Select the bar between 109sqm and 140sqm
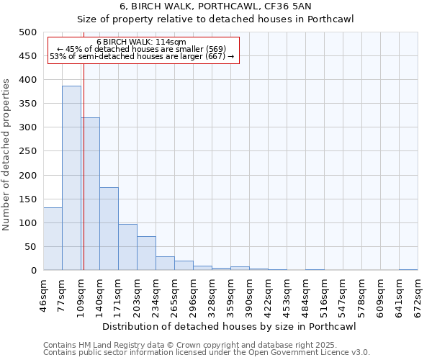click(x=90, y=194)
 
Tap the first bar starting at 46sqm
click(x=53, y=238)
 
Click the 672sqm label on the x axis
click(x=418, y=293)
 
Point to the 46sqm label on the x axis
click(x=43, y=293)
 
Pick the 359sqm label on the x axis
click(x=230, y=293)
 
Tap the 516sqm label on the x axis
click(x=324, y=293)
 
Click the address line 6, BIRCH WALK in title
click(x=216, y=6)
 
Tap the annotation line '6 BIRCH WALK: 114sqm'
click(x=141, y=42)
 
